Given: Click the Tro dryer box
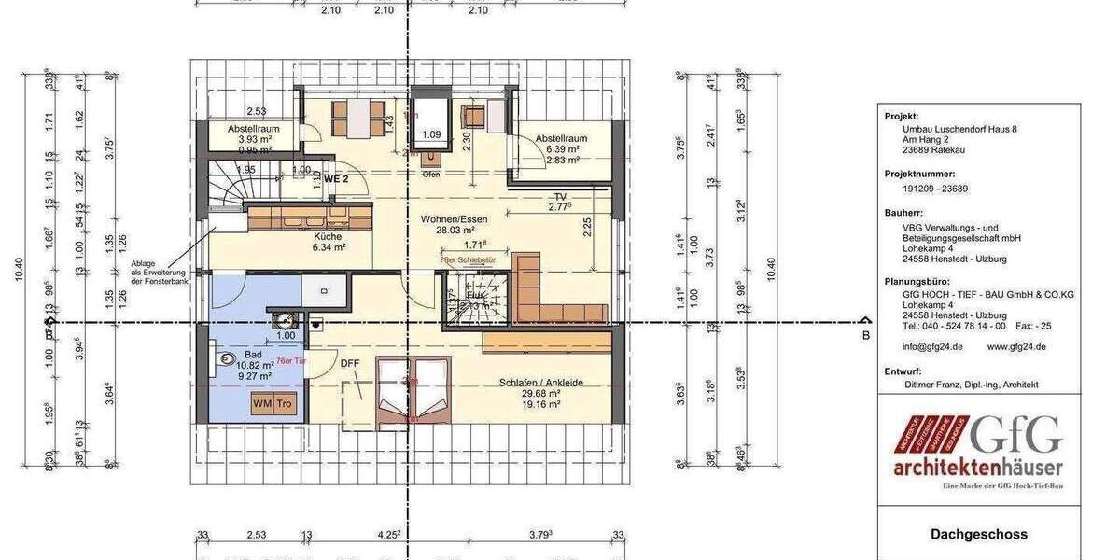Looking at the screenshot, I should (284, 404).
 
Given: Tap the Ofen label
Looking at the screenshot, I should (431, 175).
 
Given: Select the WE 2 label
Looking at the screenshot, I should (336, 177).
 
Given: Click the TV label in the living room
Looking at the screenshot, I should (560, 197).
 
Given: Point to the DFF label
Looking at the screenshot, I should (350, 363).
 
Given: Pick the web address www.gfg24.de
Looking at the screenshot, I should (1015, 345).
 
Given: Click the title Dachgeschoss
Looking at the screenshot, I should (978, 535).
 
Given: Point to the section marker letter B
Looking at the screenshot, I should (865, 333).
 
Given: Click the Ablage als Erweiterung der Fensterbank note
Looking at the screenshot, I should (160, 272).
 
